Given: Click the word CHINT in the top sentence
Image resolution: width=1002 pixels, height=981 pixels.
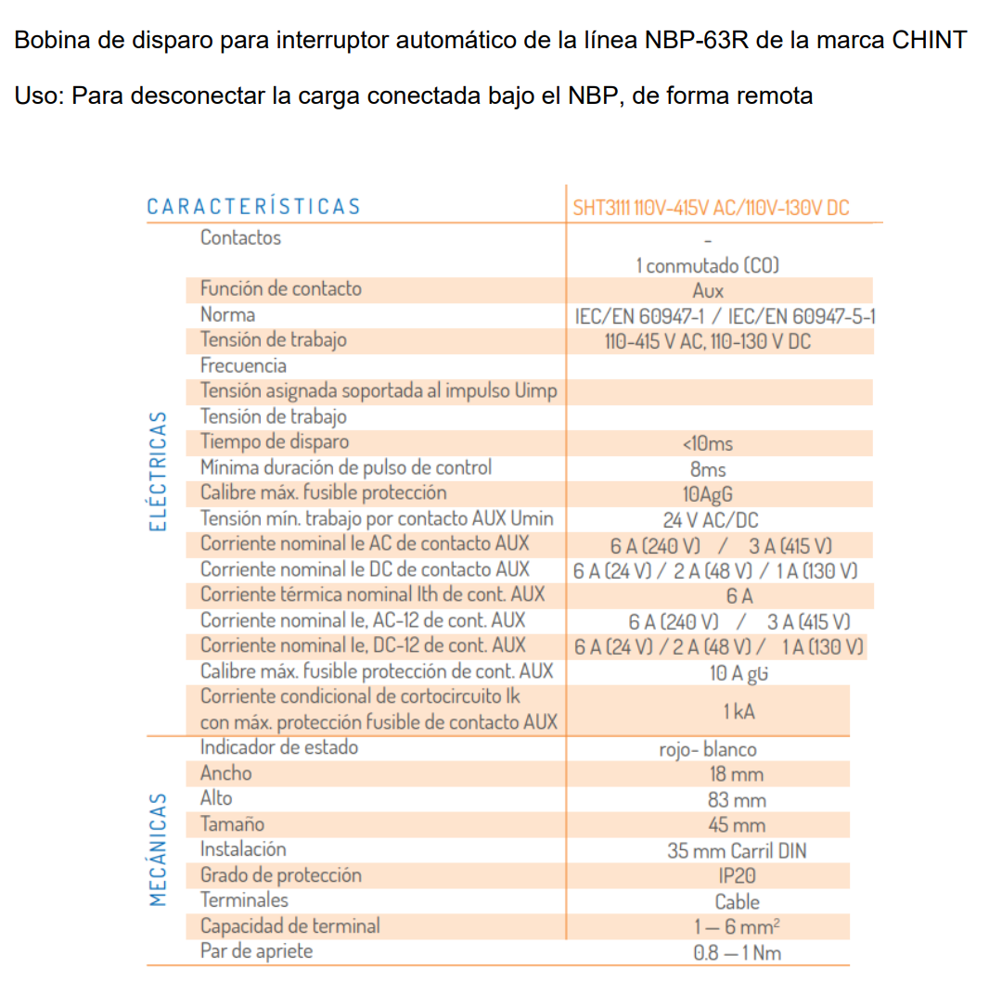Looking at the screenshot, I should pyautogui.click(x=930, y=41).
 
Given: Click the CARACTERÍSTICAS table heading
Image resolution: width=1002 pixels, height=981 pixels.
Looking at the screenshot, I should pyautogui.click(x=253, y=206).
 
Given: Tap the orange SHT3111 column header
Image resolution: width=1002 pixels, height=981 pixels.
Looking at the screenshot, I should pyautogui.click(x=711, y=208).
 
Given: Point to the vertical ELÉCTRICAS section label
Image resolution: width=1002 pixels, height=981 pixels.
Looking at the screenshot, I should pyautogui.click(x=160, y=471).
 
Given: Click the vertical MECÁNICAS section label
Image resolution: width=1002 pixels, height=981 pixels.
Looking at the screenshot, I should pyautogui.click(x=160, y=848).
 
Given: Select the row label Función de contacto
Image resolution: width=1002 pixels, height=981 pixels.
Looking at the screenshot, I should pyautogui.click(x=280, y=288).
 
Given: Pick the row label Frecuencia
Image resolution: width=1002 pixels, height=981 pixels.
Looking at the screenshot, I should pyautogui.click(x=243, y=365).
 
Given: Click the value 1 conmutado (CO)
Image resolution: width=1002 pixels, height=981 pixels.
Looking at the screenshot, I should pyautogui.click(x=707, y=265).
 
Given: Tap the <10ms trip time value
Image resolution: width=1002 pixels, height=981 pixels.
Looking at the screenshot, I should pyautogui.click(x=707, y=443).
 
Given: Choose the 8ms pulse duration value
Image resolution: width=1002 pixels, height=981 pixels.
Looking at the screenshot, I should pyautogui.click(x=708, y=469).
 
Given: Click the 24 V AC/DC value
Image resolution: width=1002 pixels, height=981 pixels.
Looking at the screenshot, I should pyautogui.click(x=710, y=520).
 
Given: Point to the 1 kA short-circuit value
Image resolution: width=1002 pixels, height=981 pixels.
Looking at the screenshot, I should pyautogui.click(x=739, y=711).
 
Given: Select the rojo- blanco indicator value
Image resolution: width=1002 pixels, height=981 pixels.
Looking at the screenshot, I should pyautogui.click(x=708, y=749).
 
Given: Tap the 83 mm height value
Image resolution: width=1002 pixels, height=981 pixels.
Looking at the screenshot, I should pyautogui.click(x=737, y=799).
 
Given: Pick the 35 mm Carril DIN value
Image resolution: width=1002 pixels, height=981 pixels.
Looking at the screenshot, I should pyautogui.click(x=737, y=850).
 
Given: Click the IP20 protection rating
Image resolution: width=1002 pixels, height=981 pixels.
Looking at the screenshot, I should pyautogui.click(x=737, y=875).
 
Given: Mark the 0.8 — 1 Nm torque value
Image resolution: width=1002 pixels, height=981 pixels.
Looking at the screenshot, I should pyautogui.click(x=737, y=952).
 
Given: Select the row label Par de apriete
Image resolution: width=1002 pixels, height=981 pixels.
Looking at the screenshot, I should pyautogui.click(x=256, y=951).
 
